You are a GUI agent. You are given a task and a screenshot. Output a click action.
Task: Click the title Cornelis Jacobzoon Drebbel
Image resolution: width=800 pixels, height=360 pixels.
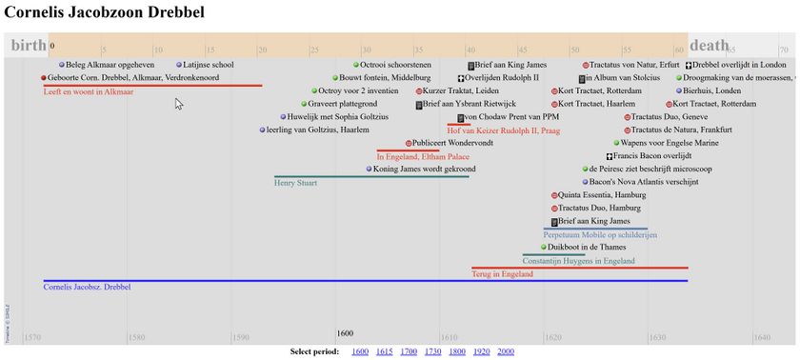tap(104, 13)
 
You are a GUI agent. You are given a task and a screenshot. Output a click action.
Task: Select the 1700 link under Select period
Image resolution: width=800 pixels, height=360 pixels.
tap(409, 351)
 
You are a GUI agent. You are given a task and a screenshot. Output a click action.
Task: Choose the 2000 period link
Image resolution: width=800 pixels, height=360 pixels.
tap(506, 351)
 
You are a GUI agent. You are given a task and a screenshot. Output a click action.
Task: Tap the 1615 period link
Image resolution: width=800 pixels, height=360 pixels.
tap(384, 351)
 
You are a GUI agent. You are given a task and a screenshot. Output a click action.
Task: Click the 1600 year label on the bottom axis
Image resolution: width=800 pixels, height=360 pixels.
tap(345, 333)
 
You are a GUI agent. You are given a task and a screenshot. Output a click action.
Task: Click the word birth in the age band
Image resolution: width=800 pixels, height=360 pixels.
tap(28, 45)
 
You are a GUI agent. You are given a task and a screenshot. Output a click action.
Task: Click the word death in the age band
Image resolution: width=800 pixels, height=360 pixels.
tap(709, 45)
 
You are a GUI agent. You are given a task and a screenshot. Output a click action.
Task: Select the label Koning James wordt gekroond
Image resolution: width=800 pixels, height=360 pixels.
tap(424, 169)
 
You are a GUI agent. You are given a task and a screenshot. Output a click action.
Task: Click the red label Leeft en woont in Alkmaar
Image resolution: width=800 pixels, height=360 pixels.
tap(89, 92)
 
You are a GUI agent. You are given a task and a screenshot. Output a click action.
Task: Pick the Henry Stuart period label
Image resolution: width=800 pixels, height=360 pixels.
tap(295, 183)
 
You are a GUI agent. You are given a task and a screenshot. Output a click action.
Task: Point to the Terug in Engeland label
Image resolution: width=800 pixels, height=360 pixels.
tap(502, 274)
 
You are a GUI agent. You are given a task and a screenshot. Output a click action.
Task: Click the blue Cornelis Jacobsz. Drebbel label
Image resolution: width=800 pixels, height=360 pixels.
tap(87, 287)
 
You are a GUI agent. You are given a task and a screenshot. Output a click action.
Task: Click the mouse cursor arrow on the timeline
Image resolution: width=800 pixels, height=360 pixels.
tap(178, 103)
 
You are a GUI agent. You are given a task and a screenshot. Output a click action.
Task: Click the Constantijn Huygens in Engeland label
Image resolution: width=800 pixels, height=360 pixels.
tap(578, 261)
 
